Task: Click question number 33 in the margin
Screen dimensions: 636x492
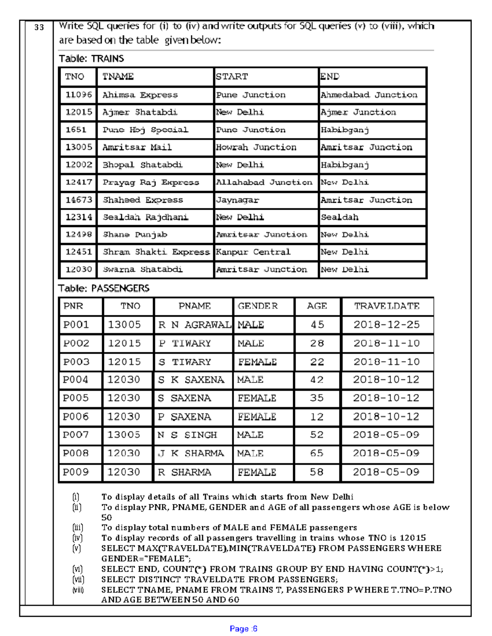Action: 39,27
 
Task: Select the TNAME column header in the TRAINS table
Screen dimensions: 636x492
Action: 118,77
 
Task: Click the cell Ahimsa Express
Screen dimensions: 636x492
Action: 140,95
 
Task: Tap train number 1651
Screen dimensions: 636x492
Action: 76,130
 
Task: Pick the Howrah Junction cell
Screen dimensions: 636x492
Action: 256,147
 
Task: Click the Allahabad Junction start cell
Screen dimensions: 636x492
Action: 264,182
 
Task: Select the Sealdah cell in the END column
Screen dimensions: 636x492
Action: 339,217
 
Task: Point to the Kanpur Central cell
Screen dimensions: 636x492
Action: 253,252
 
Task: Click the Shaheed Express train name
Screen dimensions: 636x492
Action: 143,200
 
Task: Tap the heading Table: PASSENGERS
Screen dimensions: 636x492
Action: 104,288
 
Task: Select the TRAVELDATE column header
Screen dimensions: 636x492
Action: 387,306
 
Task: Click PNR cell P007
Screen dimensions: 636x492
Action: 76,435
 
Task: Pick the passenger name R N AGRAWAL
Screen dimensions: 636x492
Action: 194,325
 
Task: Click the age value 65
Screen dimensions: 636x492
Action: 317,453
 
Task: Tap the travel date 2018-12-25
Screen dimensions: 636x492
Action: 387,325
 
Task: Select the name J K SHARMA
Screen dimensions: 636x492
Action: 191,453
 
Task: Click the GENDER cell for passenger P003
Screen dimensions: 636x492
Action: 257,362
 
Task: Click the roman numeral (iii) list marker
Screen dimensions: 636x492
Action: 77,527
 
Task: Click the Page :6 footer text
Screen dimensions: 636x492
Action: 244,629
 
